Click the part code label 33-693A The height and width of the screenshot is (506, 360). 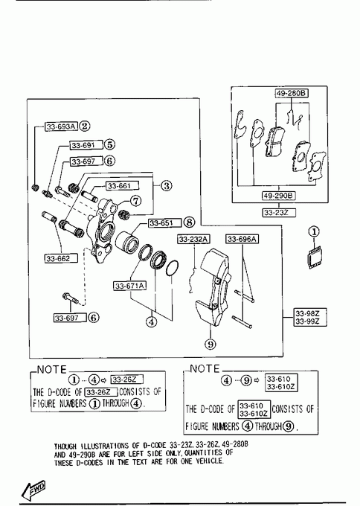click(x=61, y=126)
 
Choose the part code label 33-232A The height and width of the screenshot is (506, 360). click(x=193, y=239)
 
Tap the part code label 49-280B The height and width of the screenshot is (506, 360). click(x=292, y=94)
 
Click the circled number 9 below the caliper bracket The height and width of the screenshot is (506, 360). click(x=210, y=344)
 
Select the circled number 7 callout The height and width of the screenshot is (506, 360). click(x=135, y=201)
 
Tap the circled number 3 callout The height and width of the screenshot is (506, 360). click(x=166, y=186)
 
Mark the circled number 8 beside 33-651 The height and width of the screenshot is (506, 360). click(x=190, y=222)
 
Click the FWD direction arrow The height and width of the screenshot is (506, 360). click(x=33, y=490)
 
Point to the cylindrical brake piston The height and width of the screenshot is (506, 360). click(x=126, y=241)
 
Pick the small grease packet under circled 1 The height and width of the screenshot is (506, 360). click(x=314, y=257)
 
